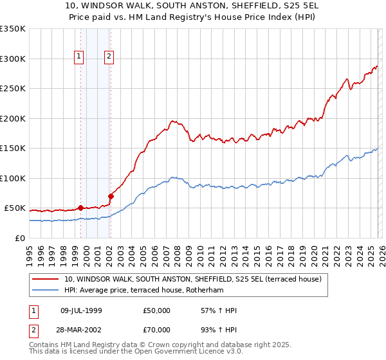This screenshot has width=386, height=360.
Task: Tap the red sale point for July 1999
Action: (x=80, y=208)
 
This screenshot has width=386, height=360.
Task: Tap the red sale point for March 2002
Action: (x=111, y=196)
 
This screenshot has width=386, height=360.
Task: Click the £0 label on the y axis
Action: (x=19, y=238)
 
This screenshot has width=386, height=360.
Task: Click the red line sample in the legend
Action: (x=46, y=278)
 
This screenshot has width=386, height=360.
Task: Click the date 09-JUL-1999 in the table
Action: (x=86, y=310)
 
